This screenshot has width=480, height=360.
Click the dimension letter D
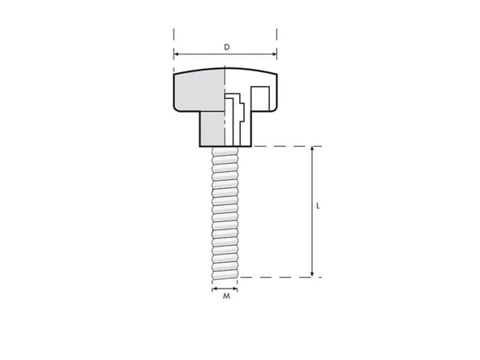click(x=226, y=47)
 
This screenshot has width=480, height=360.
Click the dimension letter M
click(x=226, y=297)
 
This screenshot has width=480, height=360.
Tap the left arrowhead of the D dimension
click(x=177, y=56)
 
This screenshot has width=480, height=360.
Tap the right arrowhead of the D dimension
click(x=274, y=56)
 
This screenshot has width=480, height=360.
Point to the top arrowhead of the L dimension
click(x=312, y=150)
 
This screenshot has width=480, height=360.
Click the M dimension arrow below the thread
click(x=225, y=288)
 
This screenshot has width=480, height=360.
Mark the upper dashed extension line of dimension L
click(x=284, y=147)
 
